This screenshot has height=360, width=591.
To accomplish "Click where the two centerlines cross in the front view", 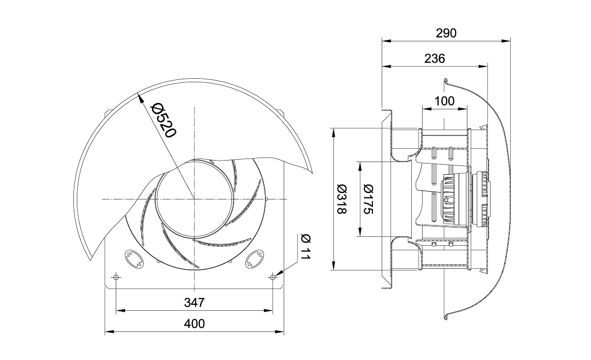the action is pos(195,199).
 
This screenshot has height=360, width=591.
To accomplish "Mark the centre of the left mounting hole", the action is pos(116,277).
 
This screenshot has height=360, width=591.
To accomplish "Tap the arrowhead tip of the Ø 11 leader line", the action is pos(275,275).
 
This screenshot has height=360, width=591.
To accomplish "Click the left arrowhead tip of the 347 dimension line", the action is pos(116,311).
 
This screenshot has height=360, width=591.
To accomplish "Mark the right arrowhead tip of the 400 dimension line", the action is pos(284,331).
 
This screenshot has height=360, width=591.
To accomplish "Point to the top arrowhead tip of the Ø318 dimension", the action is pos(334,129).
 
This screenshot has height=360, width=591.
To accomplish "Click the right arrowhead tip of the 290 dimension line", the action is pos(510,41).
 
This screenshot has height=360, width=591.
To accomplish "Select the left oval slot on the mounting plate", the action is pos(134,259).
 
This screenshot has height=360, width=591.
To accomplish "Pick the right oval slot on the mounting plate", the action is pos(255,259).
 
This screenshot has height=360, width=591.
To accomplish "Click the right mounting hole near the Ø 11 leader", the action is pos(273,277).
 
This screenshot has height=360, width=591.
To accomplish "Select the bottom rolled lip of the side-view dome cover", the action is pos(445,317).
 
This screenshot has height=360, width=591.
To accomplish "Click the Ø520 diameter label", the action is pos(163,120).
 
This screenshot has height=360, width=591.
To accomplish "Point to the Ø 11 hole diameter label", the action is pos(306,247).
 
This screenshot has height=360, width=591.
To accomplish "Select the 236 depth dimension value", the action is pos(434,59).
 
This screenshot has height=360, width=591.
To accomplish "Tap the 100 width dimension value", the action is pos(445,101).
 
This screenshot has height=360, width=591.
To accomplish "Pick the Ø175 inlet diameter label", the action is pos(368,199).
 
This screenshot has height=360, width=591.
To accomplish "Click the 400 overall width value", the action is pos(194,324).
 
